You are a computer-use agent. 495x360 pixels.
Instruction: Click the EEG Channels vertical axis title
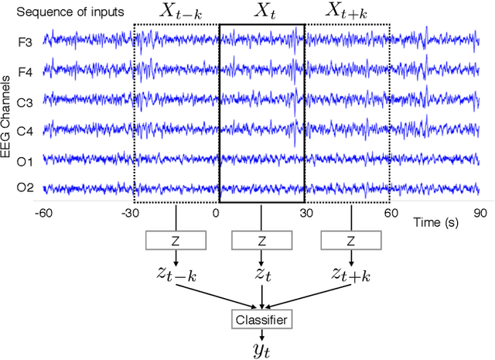[x=6, y=116]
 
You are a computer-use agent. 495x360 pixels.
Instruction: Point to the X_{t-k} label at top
[x=176, y=11]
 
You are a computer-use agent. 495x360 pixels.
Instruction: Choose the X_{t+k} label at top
[x=348, y=11]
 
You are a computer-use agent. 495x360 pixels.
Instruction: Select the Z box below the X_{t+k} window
[x=349, y=241]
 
